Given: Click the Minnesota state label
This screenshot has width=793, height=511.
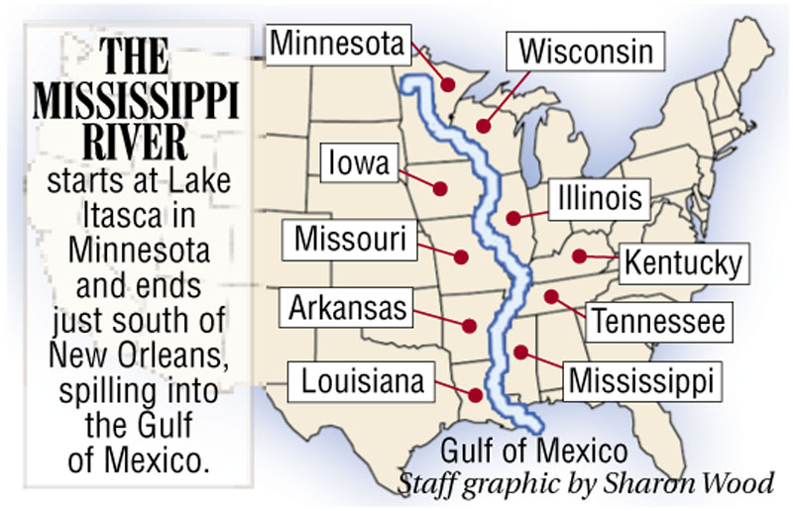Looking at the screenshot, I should point(336,43).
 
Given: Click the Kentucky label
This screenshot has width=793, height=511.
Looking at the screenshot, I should point(681,263).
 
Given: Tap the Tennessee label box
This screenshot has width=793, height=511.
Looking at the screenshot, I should point(660,321).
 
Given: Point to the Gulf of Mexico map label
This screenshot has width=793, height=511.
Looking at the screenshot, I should point(534,453).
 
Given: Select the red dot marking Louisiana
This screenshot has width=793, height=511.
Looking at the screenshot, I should point(477,395).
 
